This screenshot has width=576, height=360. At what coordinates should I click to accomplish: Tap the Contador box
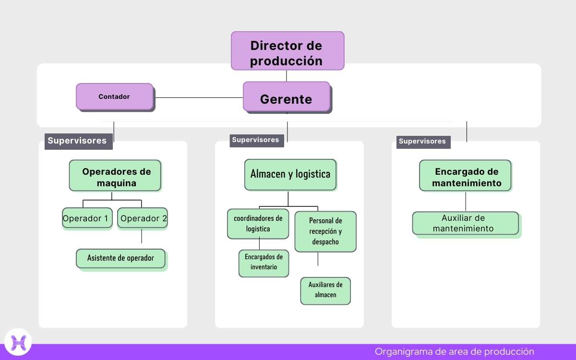[115, 96]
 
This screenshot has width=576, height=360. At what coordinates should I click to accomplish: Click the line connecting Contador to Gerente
[198, 97]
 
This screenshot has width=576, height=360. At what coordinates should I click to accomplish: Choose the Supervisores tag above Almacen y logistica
[256, 140]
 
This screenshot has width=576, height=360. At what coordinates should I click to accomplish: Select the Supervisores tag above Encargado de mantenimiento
[423, 141]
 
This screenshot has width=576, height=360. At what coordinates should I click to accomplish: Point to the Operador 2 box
[143, 218]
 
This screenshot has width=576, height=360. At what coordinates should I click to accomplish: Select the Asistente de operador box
[120, 258]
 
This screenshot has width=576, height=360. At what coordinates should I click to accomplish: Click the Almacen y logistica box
[290, 174]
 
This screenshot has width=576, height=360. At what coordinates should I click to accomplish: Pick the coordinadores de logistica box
[258, 224]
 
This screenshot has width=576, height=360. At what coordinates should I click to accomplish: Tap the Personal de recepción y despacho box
[325, 231]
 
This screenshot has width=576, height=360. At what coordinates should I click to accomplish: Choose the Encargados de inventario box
[264, 263]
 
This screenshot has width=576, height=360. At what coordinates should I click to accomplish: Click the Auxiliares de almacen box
[325, 290]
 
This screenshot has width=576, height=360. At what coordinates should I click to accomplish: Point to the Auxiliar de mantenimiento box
[465, 223]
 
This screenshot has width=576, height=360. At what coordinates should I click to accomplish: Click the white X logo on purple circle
[18, 342]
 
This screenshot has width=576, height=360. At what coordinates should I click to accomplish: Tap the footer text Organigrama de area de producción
[454, 351]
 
